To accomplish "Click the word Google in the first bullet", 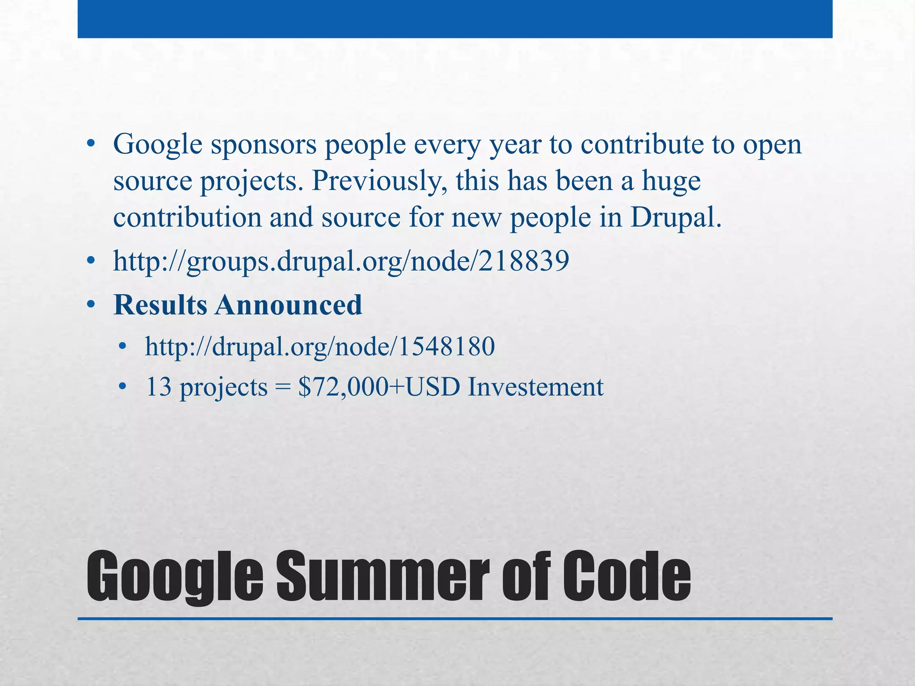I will pyautogui.click(x=158, y=145).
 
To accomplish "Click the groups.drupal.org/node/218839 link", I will pyautogui.click(x=341, y=261).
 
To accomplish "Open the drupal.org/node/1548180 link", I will pyautogui.click(x=320, y=347).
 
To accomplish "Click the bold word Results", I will pyautogui.click(x=160, y=305).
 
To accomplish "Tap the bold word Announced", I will pyautogui.click(x=289, y=305).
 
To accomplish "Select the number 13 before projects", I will pyautogui.click(x=159, y=387).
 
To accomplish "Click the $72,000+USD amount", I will pyautogui.click(x=379, y=387).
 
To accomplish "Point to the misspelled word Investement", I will pyautogui.click(x=536, y=387).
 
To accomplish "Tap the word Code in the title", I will pyautogui.click(x=626, y=576).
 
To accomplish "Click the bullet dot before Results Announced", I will pyautogui.click(x=91, y=305).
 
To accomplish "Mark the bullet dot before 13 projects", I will pyautogui.click(x=123, y=387).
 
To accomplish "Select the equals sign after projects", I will pyautogui.click(x=282, y=387).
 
